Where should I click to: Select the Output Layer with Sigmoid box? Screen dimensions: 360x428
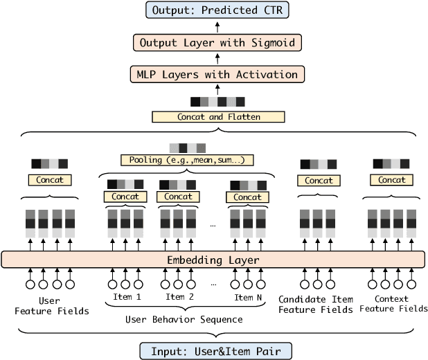[217, 43]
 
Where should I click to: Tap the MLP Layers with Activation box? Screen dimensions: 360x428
[217, 74]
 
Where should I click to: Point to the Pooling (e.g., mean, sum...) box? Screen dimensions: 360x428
[187, 160]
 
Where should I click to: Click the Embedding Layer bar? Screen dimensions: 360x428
[213, 260]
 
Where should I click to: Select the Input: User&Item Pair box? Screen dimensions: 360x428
[215, 350]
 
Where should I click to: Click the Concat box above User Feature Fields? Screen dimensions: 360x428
[50, 180]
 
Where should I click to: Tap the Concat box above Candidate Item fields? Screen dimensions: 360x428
[319, 180]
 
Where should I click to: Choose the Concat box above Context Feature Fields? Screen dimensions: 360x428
[392, 180]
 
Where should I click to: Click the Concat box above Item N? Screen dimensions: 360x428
[247, 197]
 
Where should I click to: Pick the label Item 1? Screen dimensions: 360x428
[127, 297]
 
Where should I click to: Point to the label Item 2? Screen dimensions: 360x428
[179, 297]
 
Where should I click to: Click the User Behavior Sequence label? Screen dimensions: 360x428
[184, 319]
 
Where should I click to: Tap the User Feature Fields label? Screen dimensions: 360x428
[52, 305]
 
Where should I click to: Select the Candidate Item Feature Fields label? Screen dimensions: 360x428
[316, 304]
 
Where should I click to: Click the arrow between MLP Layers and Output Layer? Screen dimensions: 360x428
[217, 59]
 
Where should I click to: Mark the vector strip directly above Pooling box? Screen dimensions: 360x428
[187, 147]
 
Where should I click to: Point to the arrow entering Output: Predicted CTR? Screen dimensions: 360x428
[217, 26]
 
